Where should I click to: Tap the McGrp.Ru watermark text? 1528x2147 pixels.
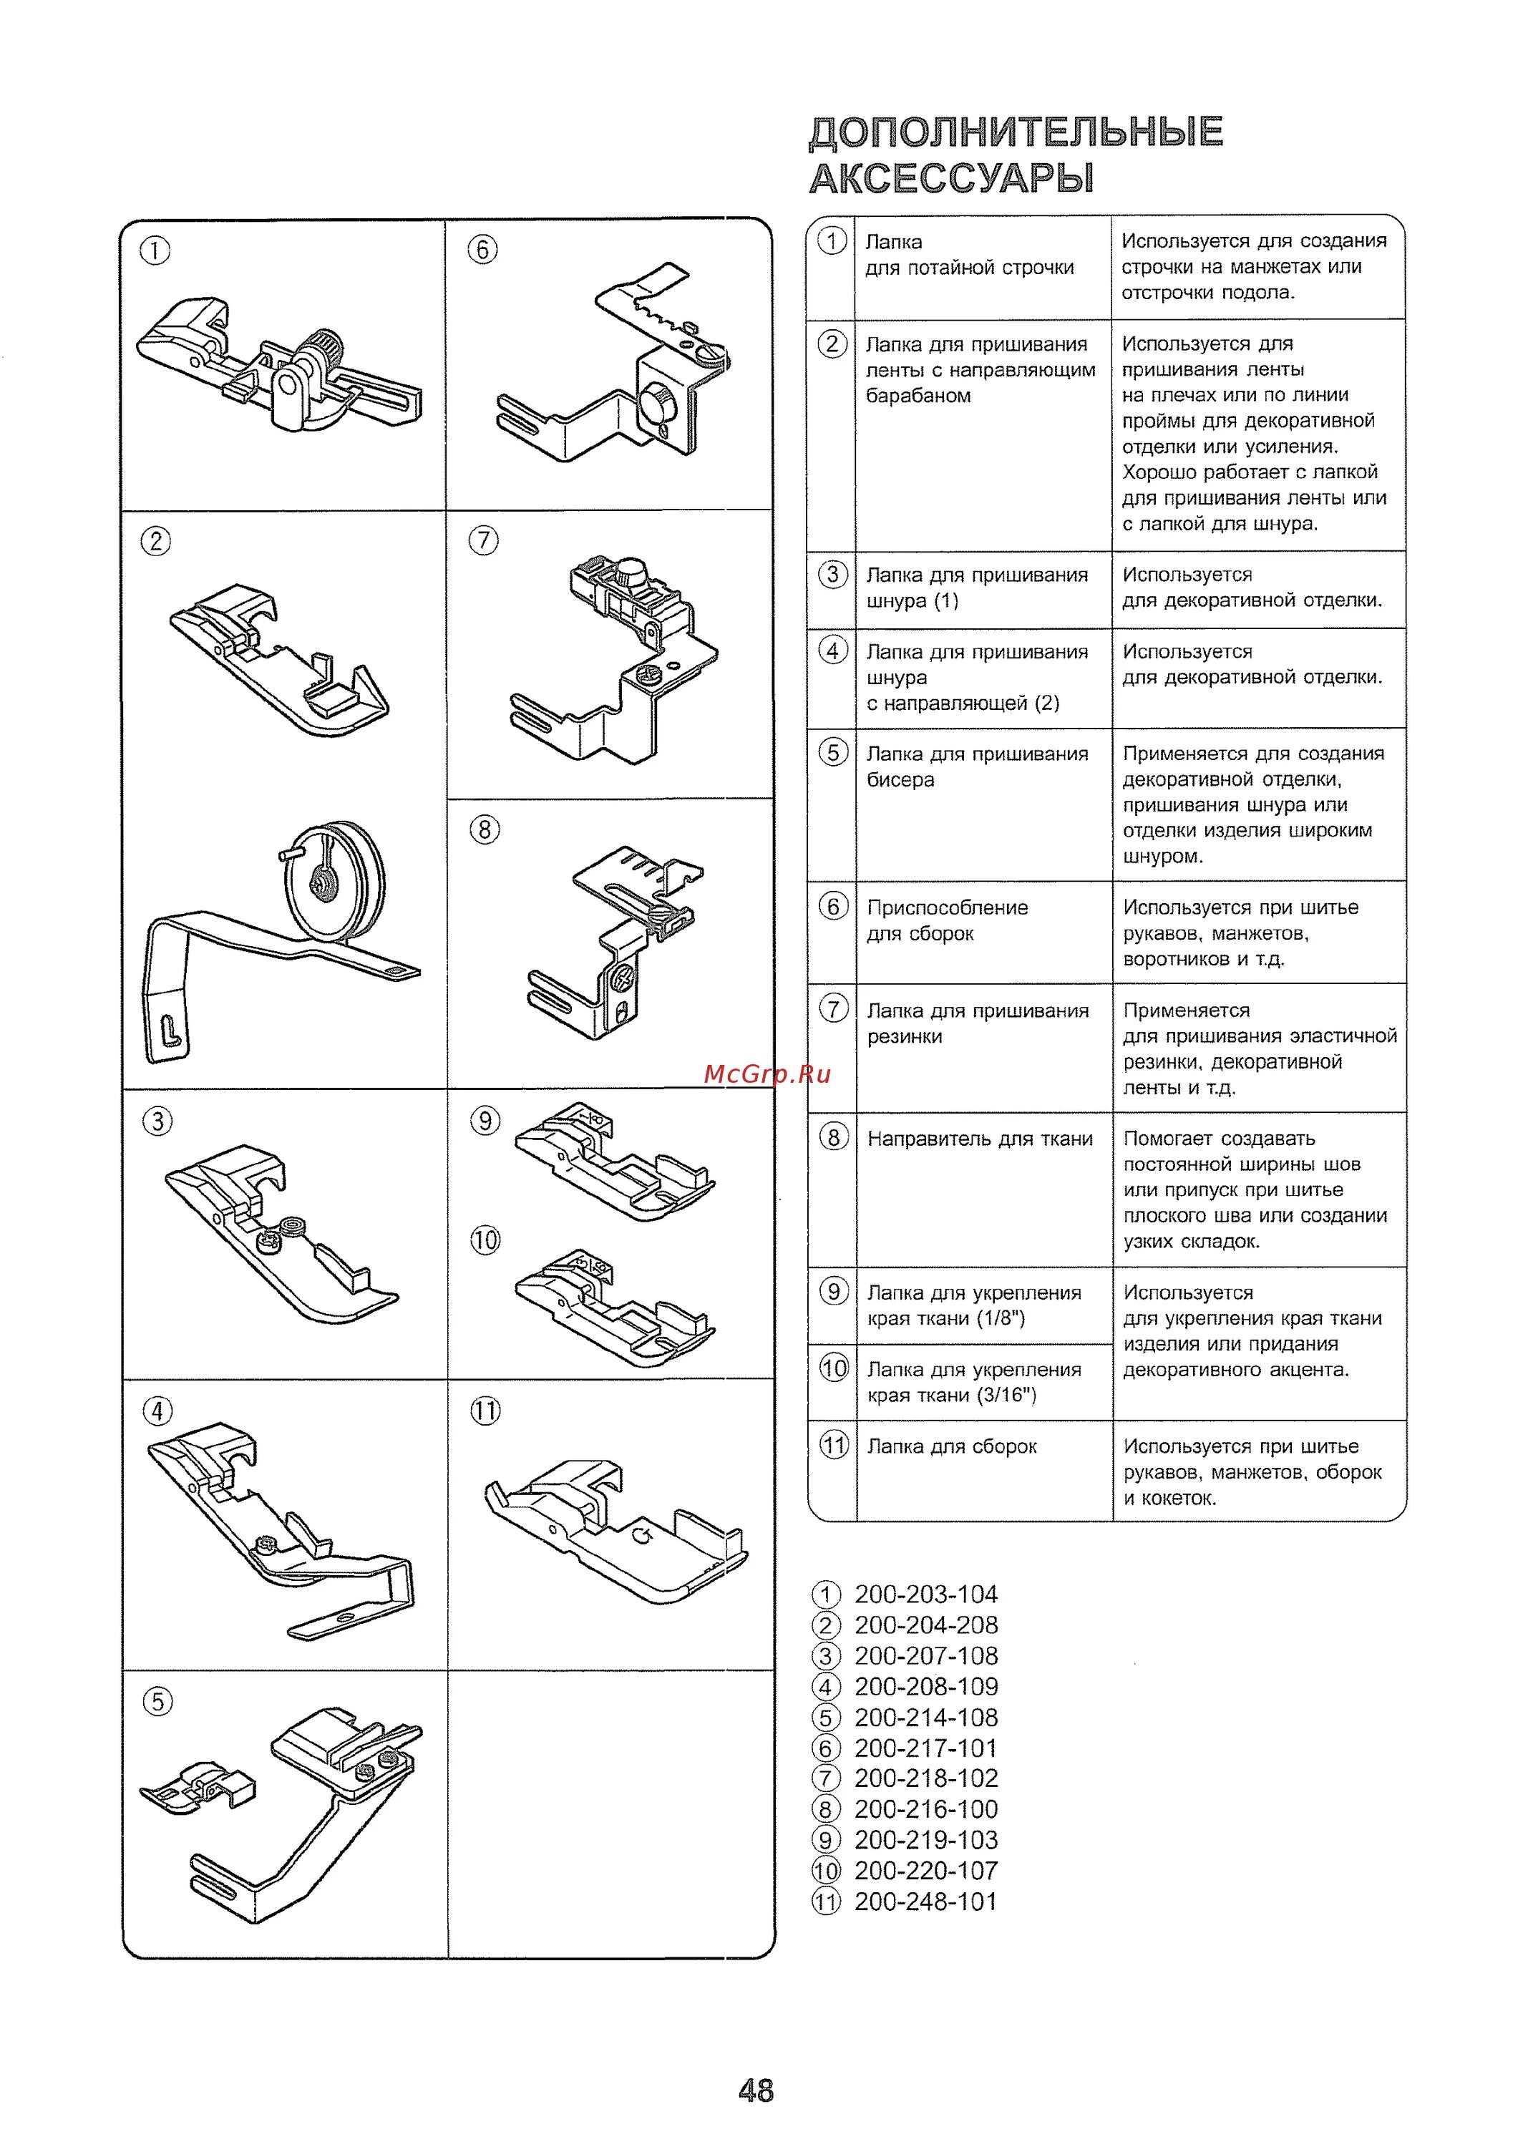click(767, 1074)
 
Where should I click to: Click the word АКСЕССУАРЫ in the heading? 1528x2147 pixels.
click(951, 177)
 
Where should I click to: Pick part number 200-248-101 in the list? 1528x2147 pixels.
click(925, 1902)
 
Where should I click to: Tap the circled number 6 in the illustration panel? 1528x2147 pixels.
click(482, 250)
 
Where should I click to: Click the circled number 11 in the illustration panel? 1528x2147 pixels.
click(485, 1411)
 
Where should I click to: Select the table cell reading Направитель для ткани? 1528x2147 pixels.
click(980, 1139)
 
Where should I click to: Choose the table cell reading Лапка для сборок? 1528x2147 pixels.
click(951, 1447)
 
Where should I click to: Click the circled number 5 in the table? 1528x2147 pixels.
click(832, 753)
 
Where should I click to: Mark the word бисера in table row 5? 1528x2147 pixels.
click(900, 780)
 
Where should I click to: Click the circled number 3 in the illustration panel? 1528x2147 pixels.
click(157, 1121)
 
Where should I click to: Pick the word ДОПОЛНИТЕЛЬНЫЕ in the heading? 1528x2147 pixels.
click(1016, 132)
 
